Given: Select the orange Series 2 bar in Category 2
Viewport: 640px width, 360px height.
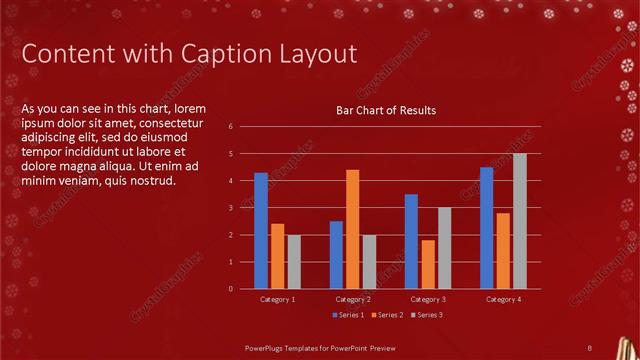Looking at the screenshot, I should [x=352, y=229].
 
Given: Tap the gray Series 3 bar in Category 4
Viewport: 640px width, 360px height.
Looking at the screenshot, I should [x=519, y=221].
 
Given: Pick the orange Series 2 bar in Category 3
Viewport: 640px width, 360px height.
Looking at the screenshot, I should [x=427, y=264].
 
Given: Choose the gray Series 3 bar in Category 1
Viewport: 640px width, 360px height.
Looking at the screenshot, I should [x=294, y=262].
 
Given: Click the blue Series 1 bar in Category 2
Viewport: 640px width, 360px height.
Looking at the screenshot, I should [x=336, y=255].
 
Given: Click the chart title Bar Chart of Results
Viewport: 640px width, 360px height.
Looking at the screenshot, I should [x=385, y=110].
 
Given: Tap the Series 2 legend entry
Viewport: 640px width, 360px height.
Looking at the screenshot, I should [x=388, y=315].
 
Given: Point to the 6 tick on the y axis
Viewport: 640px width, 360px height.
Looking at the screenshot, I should [x=230, y=127].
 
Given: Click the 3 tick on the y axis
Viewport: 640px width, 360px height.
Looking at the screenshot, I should [x=230, y=208].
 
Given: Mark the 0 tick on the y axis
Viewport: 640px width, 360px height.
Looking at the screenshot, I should [x=230, y=289].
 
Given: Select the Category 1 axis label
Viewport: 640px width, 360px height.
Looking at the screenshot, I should [x=277, y=299].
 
